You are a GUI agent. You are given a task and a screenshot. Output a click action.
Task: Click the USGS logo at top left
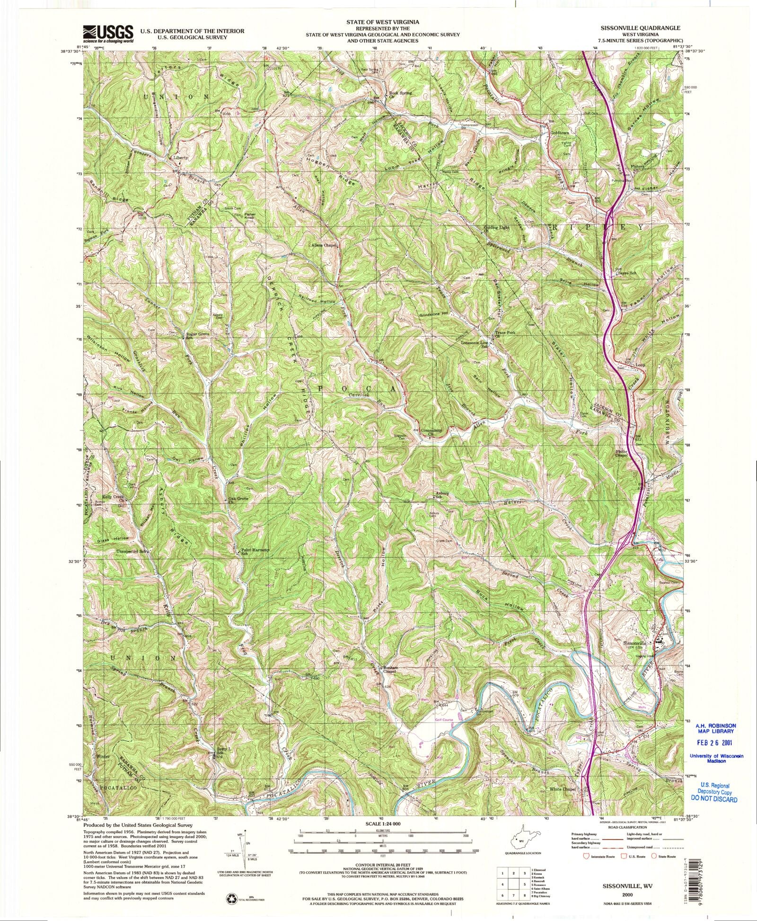coord(108,33)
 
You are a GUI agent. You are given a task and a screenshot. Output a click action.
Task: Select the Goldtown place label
coord(560,133)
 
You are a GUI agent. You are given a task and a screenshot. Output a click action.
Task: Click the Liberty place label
coord(180,158)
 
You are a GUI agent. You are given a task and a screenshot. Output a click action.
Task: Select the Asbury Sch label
coord(441,496)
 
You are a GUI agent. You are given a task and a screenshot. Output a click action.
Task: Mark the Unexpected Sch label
coord(134,552)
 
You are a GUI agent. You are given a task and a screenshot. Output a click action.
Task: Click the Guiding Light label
coord(496,229)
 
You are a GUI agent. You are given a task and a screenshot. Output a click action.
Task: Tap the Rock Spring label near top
coord(400,93)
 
